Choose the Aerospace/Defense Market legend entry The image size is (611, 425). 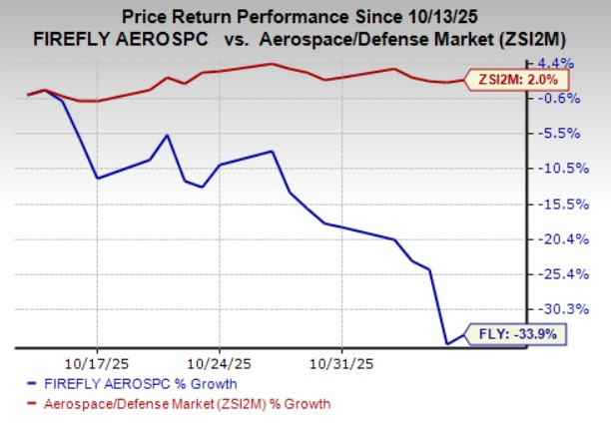(x=184, y=403)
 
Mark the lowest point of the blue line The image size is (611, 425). (x=447, y=344)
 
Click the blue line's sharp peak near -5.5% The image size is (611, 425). (x=168, y=135)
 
